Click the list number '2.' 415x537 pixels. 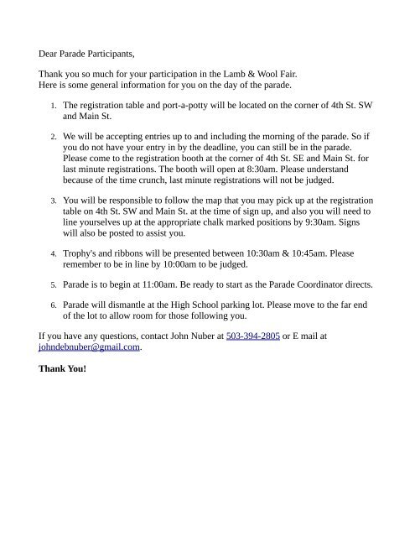tap(53, 134)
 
